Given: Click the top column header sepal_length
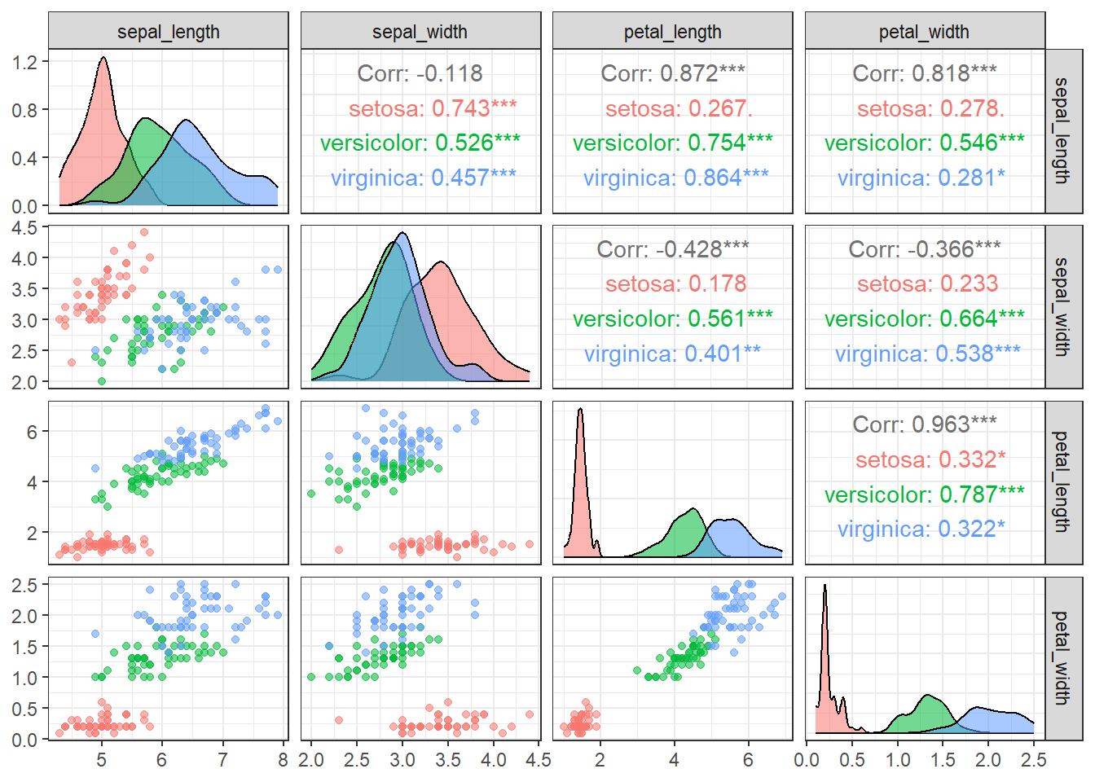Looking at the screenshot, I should click(x=168, y=32).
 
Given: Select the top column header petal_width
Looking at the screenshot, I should click(x=924, y=32).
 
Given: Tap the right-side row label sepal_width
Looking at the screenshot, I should click(x=1063, y=306).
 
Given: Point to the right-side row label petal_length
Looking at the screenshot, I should click(x=1063, y=481).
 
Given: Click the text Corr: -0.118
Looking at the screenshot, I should click(x=420, y=73).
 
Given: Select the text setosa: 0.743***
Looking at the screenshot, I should click(x=433, y=108).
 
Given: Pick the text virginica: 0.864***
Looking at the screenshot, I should click(x=675, y=178).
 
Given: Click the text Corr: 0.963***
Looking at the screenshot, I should click(x=924, y=424).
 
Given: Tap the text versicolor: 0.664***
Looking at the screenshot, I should click(x=924, y=319).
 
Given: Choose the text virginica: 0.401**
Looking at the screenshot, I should click(x=672, y=354).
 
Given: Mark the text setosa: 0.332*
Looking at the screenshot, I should click(x=930, y=459).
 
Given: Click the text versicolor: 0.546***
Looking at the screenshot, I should click(x=924, y=143).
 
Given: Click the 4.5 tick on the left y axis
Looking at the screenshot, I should click(x=24, y=228).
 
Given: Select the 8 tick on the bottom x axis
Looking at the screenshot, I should click(x=283, y=760).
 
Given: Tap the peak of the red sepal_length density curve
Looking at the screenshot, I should click(x=103, y=59).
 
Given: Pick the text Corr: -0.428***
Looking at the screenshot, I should click(x=672, y=248).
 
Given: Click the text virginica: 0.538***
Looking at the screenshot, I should click(x=927, y=354).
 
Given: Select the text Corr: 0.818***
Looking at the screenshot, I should click(x=924, y=73).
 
